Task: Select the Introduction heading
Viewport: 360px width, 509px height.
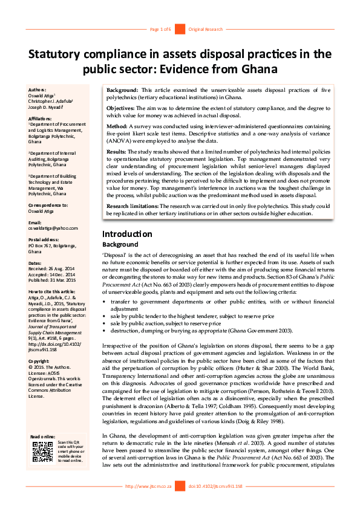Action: (127, 234)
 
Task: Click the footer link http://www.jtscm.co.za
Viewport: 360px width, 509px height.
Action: (148, 486)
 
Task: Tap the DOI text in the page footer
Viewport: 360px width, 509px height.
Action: (215, 486)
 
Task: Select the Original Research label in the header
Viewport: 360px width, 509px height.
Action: (205, 29)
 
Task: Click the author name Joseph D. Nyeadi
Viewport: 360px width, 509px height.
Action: (48, 106)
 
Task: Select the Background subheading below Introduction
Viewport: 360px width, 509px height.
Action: (120, 245)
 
